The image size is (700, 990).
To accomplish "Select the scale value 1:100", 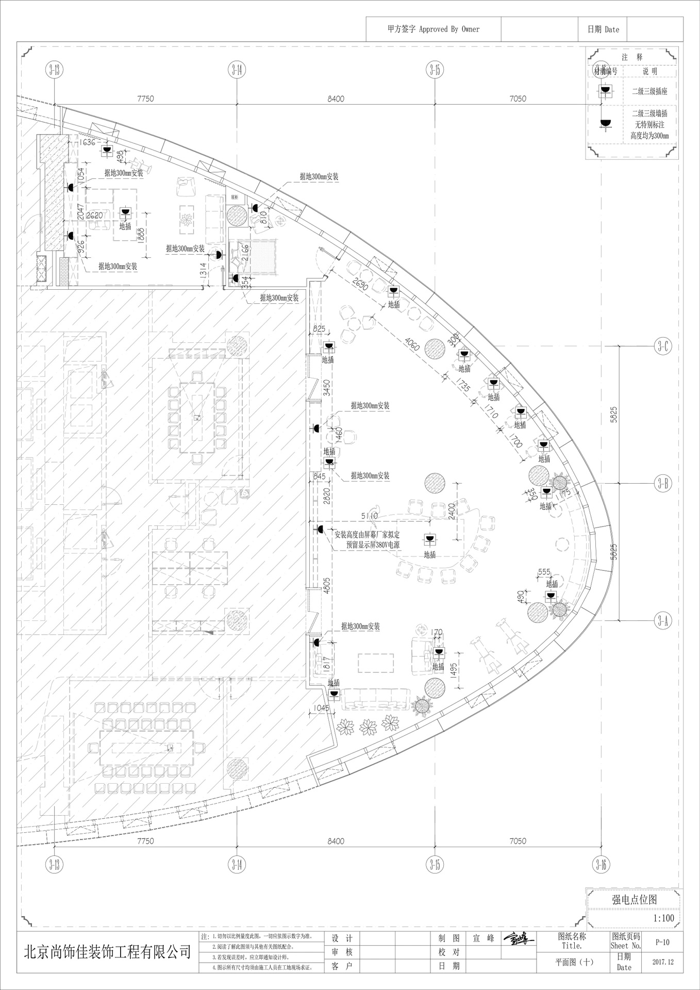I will click(663, 918).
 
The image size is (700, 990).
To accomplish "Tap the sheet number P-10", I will click(662, 942).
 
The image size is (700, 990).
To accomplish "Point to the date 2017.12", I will click(663, 962).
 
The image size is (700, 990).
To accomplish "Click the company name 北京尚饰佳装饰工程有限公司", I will click(108, 952).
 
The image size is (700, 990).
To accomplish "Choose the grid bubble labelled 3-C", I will click(663, 346).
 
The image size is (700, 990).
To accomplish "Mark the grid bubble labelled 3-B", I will click(663, 484).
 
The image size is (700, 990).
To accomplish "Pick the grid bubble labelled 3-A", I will click(663, 621).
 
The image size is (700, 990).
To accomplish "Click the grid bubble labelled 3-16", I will click(601, 864).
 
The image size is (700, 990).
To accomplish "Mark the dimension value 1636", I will click(87, 142).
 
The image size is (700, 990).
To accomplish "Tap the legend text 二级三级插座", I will click(649, 91).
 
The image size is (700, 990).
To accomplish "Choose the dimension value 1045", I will click(321, 708).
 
